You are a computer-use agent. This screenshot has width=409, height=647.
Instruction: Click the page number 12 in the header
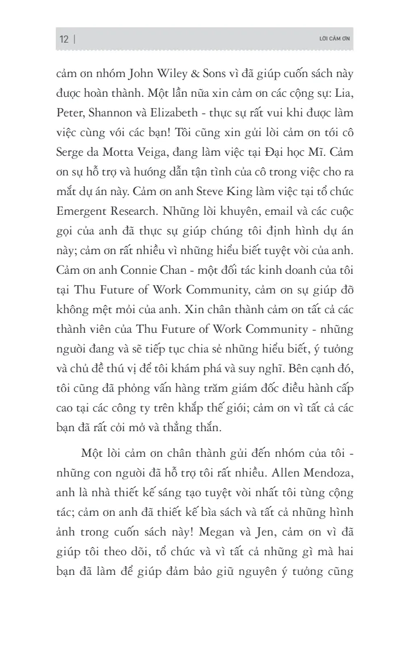(64, 39)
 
